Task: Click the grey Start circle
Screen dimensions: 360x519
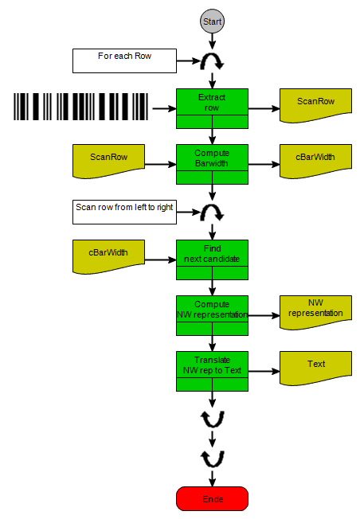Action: tap(212, 21)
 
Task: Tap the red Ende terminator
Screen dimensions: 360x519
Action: tap(212, 498)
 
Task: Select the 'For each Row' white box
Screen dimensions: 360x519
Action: tap(124, 61)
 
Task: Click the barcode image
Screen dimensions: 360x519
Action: tap(80, 107)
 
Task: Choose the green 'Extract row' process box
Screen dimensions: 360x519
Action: tap(212, 108)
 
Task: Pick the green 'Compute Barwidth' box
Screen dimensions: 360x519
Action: tap(212, 164)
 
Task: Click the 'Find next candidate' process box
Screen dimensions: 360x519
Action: tap(212, 259)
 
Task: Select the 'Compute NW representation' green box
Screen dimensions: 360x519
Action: tap(212, 315)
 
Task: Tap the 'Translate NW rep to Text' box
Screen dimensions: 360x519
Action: tap(212, 372)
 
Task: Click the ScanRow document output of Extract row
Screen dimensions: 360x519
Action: tap(315, 105)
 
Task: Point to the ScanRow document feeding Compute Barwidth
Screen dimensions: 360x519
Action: tap(108, 161)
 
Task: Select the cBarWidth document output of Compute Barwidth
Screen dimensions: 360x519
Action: tap(315, 161)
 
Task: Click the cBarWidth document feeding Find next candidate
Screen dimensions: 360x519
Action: tap(108, 256)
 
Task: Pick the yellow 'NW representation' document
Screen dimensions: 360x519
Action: tap(315, 312)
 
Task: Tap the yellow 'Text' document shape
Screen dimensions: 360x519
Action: tap(315, 368)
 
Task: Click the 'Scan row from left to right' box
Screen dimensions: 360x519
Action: tap(124, 213)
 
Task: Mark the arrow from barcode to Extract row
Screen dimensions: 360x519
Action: tap(164, 108)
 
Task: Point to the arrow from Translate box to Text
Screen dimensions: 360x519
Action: tap(264, 372)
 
